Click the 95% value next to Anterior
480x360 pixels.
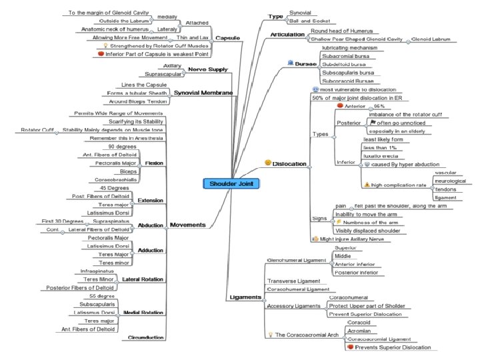click(379, 106)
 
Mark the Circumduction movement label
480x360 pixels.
click(145, 337)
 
